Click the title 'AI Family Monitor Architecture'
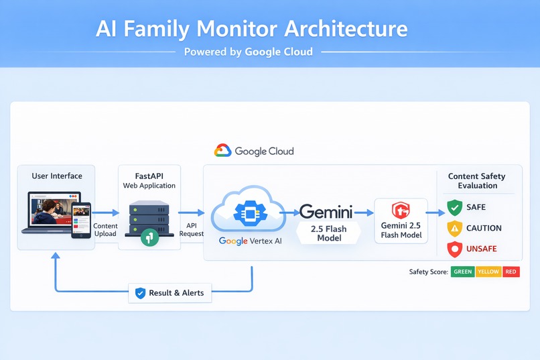(x=251, y=29)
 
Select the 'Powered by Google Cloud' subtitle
(x=248, y=52)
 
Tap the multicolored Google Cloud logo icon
(x=222, y=152)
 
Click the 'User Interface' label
(x=57, y=176)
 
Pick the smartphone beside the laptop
(x=82, y=220)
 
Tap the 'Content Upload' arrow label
(x=105, y=230)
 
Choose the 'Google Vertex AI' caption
(x=251, y=241)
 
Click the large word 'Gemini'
(x=326, y=212)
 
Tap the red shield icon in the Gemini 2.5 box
(x=401, y=211)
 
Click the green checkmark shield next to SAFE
(x=455, y=208)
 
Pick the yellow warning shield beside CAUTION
(x=455, y=228)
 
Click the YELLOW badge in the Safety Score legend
(x=488, y=272)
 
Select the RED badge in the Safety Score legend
(x=511, y=272)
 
